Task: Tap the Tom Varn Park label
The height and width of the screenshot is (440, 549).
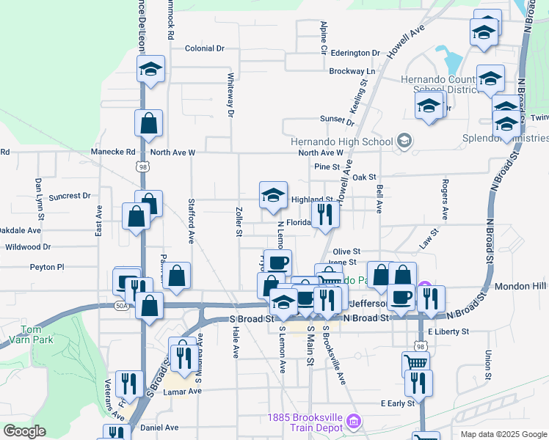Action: [x=24, y=334]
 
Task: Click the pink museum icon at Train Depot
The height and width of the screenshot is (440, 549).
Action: [x=354, y=421]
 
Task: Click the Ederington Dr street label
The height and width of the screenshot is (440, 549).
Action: [x=355, y=53]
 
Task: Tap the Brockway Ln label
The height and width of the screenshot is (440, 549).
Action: [x=352, y=71]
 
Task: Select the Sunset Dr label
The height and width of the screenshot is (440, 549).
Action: [x=337, y=120]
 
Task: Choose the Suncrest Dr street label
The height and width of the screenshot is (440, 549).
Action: [x=69, y=197]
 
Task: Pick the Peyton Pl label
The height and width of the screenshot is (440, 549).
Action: [x=48, y=268]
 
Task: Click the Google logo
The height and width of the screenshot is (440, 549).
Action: [x=24, y=431]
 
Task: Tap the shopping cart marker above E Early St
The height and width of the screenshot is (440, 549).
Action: [x=416, y=362]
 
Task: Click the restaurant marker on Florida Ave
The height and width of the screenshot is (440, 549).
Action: [x=324, y=214]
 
